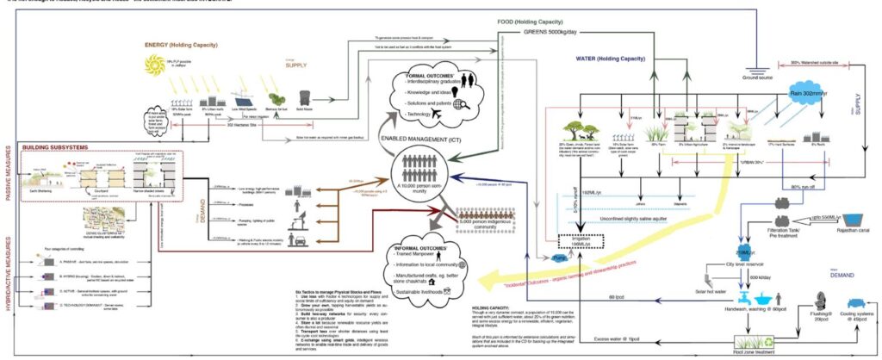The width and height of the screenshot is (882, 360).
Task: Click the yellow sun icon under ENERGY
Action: click(156, 65)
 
